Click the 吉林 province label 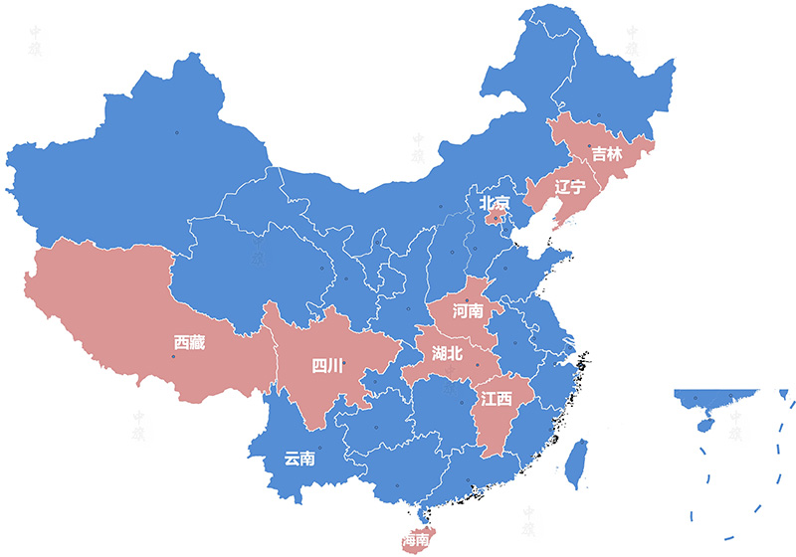606,154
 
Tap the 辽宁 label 570,186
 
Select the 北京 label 495,203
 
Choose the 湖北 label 447,353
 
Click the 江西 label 496,399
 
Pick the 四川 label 327,366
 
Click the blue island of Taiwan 574,466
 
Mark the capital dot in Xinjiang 177,132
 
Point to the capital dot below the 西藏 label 173,358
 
